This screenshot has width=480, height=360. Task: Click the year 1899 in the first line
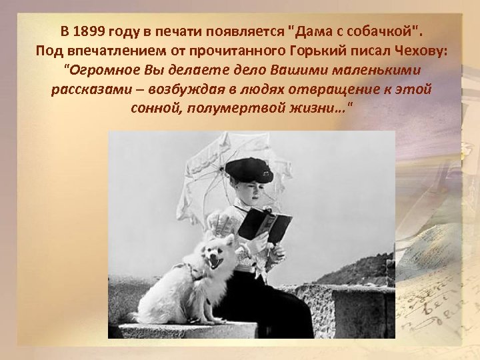(x=89, y=31)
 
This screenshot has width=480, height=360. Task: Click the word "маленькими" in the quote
(x=373, y=70)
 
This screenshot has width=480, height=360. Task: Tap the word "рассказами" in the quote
(x=89, y=89)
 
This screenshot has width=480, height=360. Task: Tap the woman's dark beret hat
(x=248, y=171)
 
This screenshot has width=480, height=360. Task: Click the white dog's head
(x=215, y=251)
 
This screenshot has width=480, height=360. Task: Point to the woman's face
(x=247, y=194)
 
